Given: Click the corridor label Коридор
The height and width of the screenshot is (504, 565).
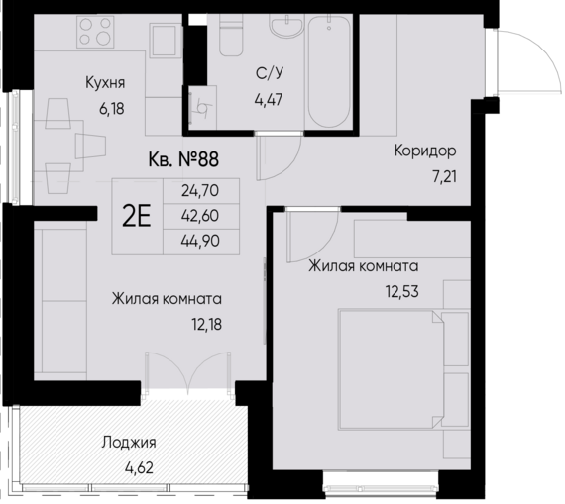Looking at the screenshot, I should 424,151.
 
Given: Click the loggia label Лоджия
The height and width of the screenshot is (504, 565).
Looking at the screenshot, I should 130,444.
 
